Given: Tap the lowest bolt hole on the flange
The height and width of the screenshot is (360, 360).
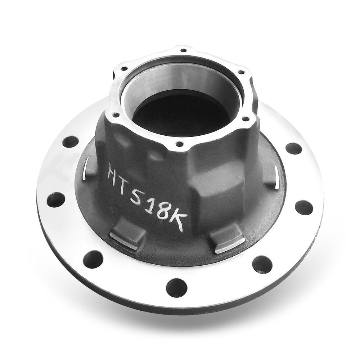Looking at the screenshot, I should point(176,288).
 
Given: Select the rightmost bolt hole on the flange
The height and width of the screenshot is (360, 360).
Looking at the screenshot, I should point(304,208).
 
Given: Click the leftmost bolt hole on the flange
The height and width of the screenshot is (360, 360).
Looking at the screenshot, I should point(56,200).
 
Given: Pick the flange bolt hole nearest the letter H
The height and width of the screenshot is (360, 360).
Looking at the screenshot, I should point(70,141).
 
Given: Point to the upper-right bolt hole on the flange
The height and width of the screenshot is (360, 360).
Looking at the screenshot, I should point(293,148).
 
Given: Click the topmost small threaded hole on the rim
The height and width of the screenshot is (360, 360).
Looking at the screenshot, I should point(183,50).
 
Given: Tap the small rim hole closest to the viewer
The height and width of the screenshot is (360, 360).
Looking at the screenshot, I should point(179,144).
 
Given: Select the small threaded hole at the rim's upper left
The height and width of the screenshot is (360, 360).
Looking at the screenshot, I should point(124,68).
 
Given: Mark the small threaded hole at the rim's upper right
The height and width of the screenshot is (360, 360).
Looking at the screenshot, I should point(240,72).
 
